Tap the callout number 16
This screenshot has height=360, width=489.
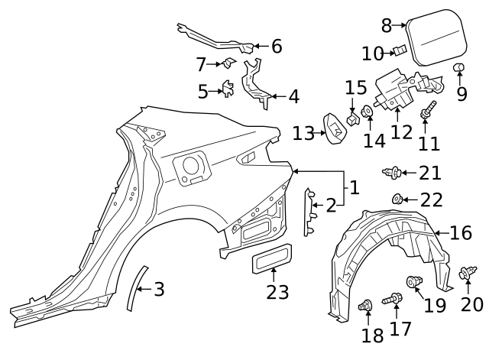coord(461,232)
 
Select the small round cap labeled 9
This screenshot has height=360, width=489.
coord(459,70)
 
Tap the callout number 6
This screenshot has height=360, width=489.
coord(276,46)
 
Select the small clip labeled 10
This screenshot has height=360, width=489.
coord(398,51)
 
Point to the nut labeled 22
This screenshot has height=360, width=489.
coord(398,199)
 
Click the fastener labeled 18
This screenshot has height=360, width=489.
coord(364,306)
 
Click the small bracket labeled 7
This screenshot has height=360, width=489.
coord(227,64)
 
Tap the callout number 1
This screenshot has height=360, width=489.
coord(354,186)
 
